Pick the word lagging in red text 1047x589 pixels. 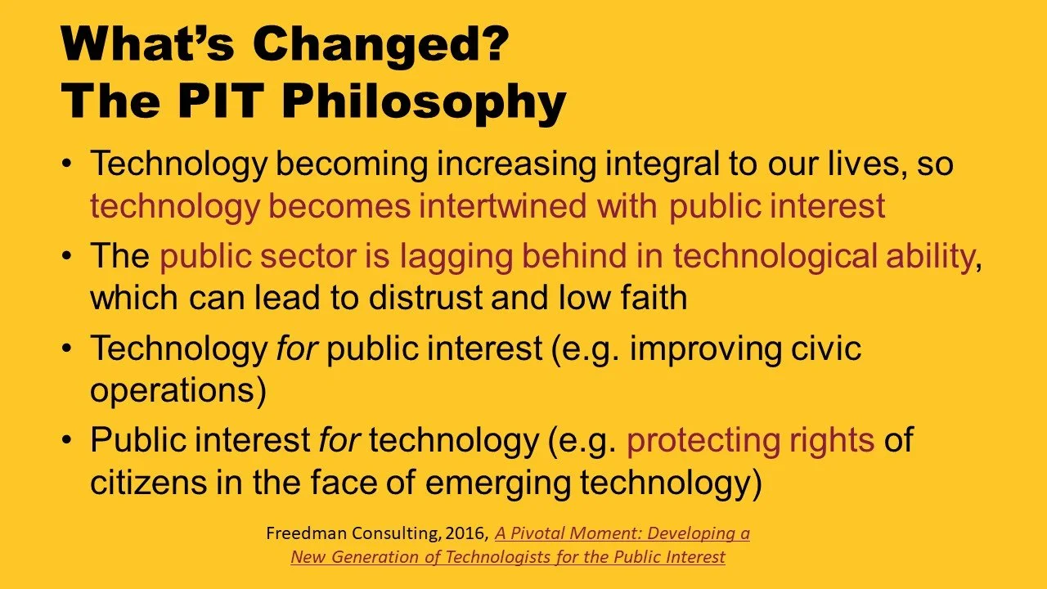(x=456, y=258)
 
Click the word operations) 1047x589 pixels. (x=178, y=391)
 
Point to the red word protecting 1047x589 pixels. (x=703, y=441)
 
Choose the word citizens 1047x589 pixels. (x=148, y=482)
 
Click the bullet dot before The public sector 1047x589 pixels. (x=67, y=256)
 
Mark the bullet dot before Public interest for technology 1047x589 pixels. (x=67, y=440)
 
